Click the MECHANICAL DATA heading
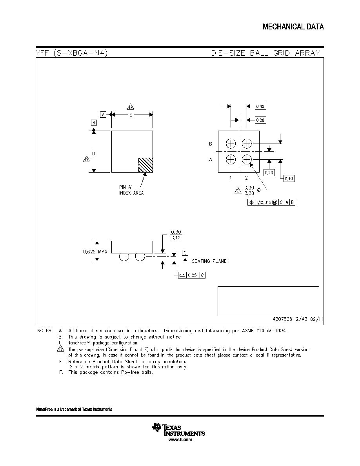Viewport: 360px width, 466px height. click(293, 27)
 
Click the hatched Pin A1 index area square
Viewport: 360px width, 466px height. click(145, 165)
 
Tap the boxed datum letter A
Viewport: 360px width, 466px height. click(103, 115)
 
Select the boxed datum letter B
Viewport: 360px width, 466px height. click(94, 122)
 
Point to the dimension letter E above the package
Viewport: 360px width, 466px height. click(131, 115)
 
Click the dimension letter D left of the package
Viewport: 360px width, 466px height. click(94, 154)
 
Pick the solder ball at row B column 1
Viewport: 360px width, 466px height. click(231, 144)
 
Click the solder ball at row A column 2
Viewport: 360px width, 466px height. click(247, 160)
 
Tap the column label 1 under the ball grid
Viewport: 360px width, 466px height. click(231, 178)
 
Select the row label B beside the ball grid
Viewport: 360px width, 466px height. click(211, 144)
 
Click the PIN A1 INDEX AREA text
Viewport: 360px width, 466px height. click(131, 190)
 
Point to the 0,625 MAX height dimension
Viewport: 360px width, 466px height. click(95, 252)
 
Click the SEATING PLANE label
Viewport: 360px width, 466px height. click(209, 261)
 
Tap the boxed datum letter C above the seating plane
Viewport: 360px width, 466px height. click(185, 253)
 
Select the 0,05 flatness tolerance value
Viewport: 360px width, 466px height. click(193, 275)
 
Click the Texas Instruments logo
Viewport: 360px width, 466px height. click(178, 430)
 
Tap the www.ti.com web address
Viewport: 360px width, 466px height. click(180, 440)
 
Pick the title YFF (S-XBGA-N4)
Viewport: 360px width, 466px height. click(72, 53)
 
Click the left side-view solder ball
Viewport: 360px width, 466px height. click(124, 257)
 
